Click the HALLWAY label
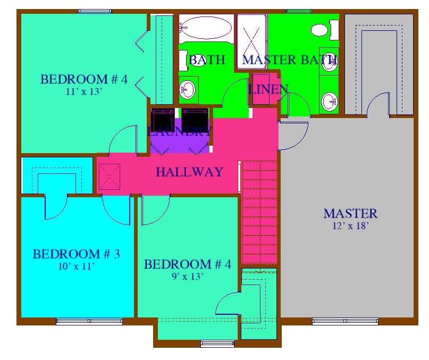click(x=189, y=172)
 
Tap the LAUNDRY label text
click(x=180, y=132)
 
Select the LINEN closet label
click(x=268, y=89)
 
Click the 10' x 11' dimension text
click(x=77, y=266)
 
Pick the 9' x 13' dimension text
click(x=187, y=277)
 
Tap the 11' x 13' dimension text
click(x=85, y=91)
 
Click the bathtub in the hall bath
click(x=206, y=28)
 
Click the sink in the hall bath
click(x=188, y=90)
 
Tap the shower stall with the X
click(x=251, y=41)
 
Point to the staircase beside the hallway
click(x=259, y=213)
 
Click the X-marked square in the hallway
click(x=110, y=177)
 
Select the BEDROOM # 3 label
click(x=77, y=254)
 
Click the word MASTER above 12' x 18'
click(x=350, y=214)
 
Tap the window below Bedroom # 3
click(x=89, y=321)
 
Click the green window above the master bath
click(x=299, y=11)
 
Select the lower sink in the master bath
click(x=330, y=102)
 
